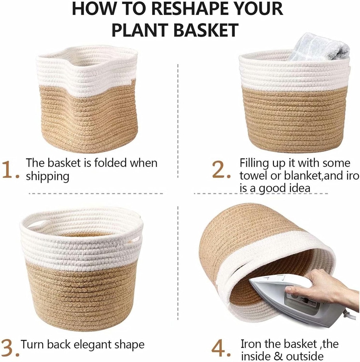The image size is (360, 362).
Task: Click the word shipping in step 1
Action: (47, 176)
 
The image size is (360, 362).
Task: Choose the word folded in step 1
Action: (109, 163)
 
